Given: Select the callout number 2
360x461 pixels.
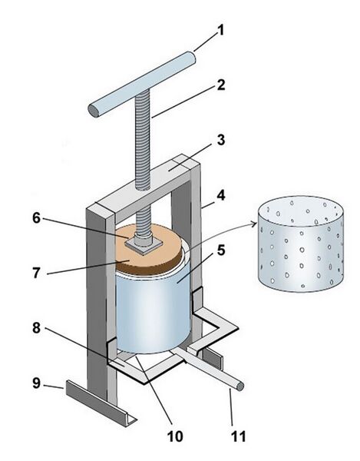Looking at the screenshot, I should click(x=221, y=85).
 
